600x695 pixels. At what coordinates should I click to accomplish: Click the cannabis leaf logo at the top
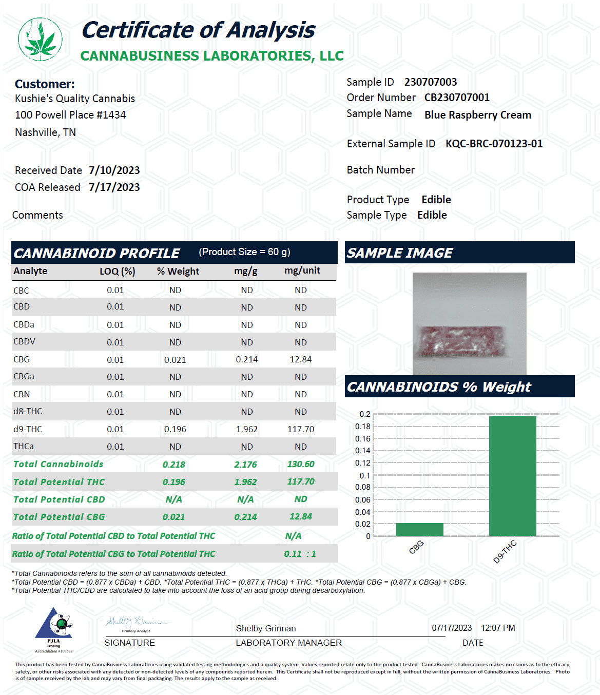40,39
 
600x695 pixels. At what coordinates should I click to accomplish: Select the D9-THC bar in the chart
512,476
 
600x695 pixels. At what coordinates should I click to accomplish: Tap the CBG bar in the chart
419,530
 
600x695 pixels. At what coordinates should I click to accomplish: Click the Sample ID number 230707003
430,82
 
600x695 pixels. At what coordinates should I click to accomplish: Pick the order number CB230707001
457,98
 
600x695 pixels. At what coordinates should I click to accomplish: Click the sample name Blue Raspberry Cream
477,115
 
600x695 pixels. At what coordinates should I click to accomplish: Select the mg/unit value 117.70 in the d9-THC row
300,429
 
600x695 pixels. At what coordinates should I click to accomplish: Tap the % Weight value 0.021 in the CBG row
175,360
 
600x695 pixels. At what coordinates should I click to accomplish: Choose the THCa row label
24,446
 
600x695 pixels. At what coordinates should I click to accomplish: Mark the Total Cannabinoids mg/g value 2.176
245,465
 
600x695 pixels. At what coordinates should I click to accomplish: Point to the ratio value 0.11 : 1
300,554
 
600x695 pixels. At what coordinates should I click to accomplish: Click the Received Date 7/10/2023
114,170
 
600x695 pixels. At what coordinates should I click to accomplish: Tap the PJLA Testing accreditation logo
54,629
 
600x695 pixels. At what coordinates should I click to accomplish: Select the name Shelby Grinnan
265,628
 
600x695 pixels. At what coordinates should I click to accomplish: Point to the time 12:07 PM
497,628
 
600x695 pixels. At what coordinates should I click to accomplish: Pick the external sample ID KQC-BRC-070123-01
494,144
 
